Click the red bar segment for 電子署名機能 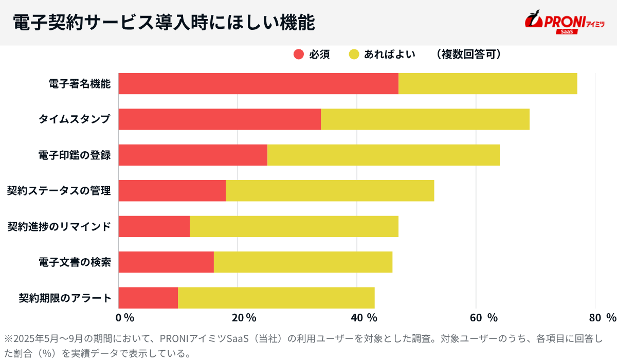258,84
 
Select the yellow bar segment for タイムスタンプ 425,119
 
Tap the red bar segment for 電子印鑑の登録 193,155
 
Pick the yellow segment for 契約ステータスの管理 330,191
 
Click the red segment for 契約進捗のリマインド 154,226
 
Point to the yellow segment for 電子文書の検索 303,262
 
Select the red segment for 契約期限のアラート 148,298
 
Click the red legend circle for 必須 299,55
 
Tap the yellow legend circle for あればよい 354,55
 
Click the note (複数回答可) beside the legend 467,55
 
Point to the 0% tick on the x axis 125,317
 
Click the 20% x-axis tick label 244,317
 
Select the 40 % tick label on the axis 364,317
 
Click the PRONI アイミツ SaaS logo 564,23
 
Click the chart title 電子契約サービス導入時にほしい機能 164,23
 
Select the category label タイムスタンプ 75,119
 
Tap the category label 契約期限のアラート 65,298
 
